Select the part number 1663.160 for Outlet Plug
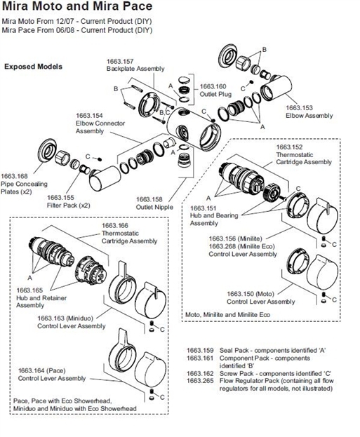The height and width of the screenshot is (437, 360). click(x=214, y=86)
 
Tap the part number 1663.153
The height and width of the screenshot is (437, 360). click(x=298, y=107)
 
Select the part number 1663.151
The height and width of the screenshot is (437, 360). click(x=203, y=208)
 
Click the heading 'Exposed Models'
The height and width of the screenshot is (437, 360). click(x=33, y=67)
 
